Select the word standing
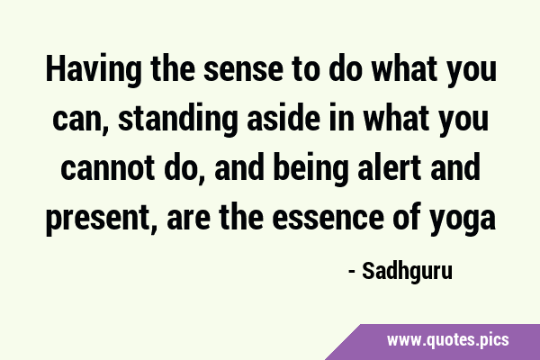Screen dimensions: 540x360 pyautogui.click(x=177, y=120)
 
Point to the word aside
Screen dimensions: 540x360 pyautogui.click(x=283, y=119)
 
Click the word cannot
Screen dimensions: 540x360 pyautogui.click(x=107, y=168)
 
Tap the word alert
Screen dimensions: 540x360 pyautogui.click(x=389, y=167)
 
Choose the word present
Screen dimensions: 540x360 pyautogui.click(x=95, y=219)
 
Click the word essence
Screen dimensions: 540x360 pyautogui.click(x=328, y=218)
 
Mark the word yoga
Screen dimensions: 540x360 pyautogui.click(x=463, y=220)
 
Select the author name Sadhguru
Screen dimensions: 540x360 pyautogui.click(x=407, y=271)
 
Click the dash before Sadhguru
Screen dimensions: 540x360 pyautogui.click(x=352, y=271)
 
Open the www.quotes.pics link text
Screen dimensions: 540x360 pyautogui.click(x=447, y=340)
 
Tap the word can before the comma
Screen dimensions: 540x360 pyautogui.click(x=76, y=120)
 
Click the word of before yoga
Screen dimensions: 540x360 pyautogui.click(x=407, y=217)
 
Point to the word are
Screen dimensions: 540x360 pyautogui.click(x=188, y=219)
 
